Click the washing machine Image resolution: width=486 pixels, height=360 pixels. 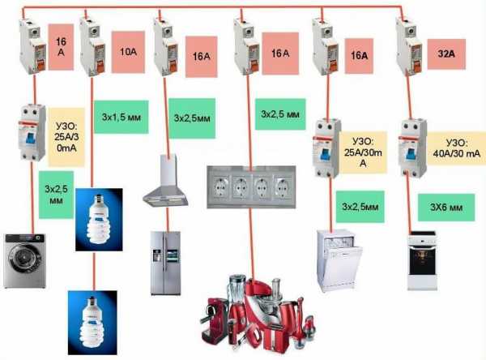click(x=25, y=260)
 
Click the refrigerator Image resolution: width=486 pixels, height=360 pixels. click(x=165, y=261)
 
